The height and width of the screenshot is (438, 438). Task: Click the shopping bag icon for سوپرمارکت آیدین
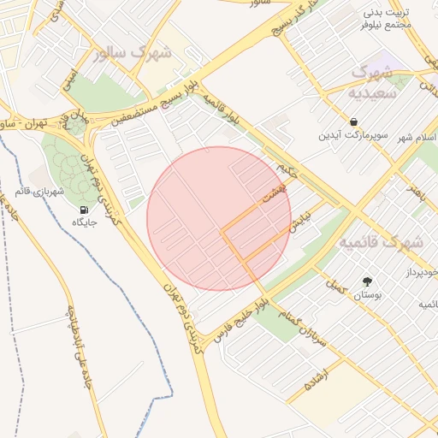click(x=354, y=121)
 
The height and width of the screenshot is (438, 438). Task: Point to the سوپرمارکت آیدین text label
click(x=355, y=136)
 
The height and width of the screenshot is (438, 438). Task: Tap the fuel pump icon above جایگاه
click(x=84, y=210)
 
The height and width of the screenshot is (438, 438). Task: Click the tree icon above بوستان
click(x=367, y=281)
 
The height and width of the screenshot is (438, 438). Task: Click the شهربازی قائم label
click(x=33, y=191)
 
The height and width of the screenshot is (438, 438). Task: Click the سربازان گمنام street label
click(x=311, y=329)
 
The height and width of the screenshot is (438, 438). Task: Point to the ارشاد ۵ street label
click(x=318, y=377)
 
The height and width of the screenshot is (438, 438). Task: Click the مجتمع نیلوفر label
click(x=388, y=25)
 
